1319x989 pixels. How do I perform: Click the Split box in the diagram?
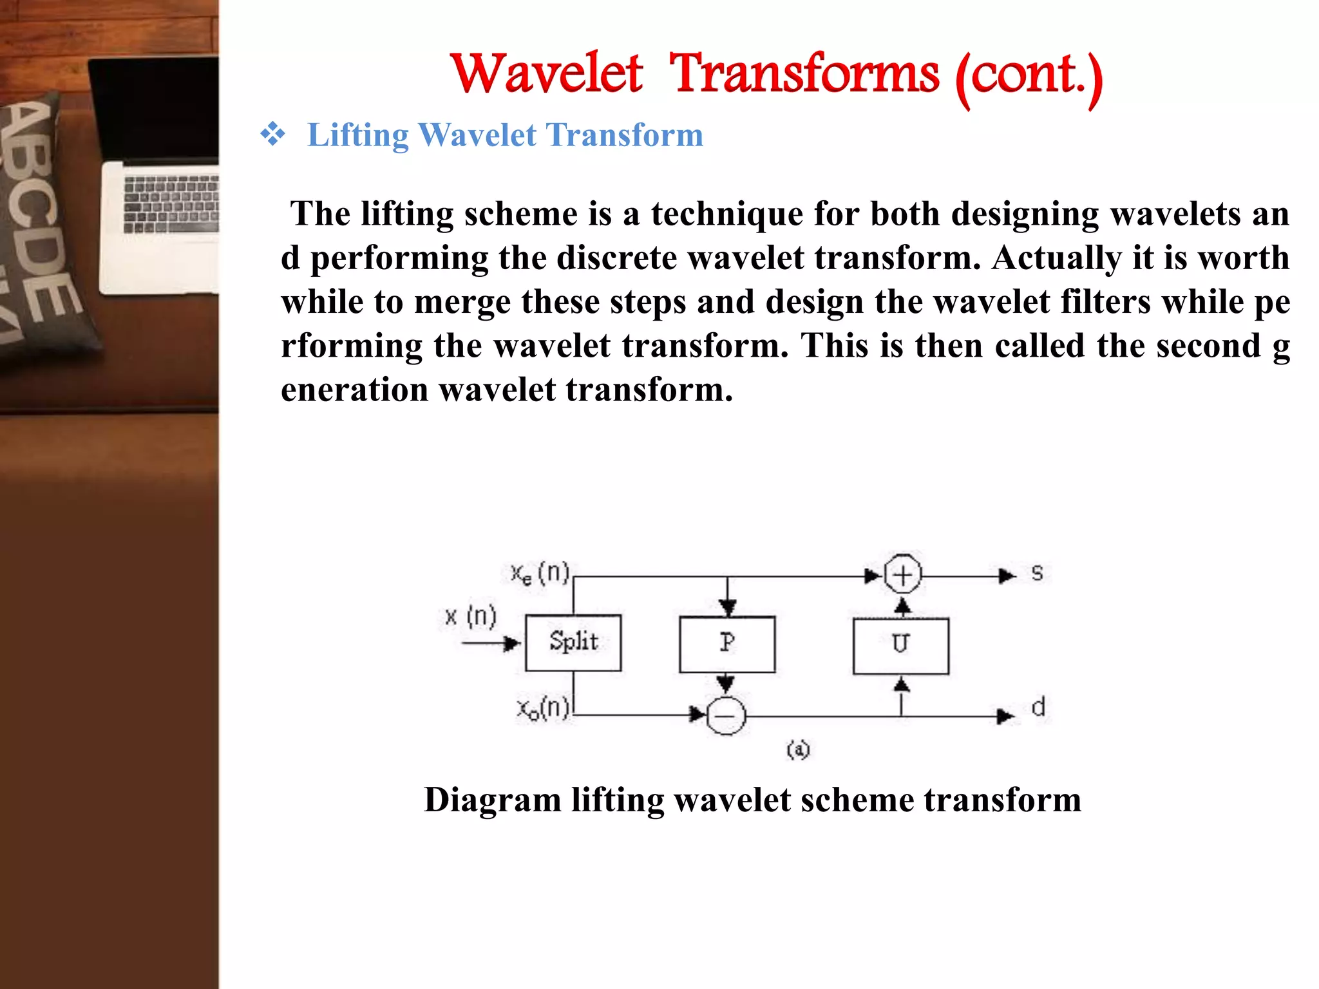(x=573, y=643)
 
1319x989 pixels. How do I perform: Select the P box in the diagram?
(x=727, y=644)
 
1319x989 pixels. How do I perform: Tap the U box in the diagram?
(x=900, y=645)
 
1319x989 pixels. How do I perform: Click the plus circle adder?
(x=902, y=574)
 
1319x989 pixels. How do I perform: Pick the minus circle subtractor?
(x=726, y=715)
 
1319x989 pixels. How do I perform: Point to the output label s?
(x=1037, y=573)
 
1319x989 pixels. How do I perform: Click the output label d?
(x=1038, y=708)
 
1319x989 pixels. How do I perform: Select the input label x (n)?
(x=471, y=617)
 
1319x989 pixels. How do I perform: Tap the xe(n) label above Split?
(x=540, y=572)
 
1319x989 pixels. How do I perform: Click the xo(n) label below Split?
(x=543, y=709)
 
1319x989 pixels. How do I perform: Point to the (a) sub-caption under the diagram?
(x=798, y=749)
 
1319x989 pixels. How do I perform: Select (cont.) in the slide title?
(x=1029, y=77)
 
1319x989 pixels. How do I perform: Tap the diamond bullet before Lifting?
(x=272, y=135)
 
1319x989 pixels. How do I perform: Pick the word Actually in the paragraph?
(x=1056, y=258)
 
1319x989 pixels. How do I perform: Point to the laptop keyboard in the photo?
(x=171, y=203)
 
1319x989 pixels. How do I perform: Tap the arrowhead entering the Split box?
(x=513, y=643)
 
